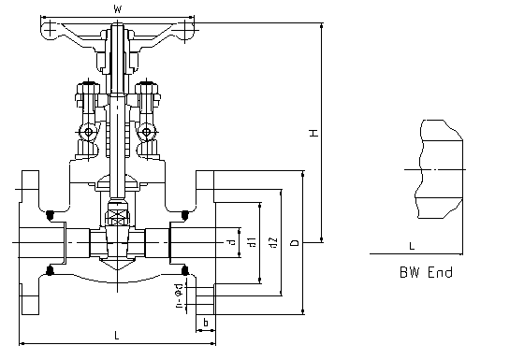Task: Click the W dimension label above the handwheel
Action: click(117, 9)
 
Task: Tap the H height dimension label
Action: click(313, 133)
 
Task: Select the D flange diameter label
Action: click(295, 242)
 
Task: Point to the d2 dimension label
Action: click(273, 243)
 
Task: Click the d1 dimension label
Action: click(252, 242)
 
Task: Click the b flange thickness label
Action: click(206, 323)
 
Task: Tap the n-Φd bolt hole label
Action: click(179, 295)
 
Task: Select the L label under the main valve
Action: click(116, 335)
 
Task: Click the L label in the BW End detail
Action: click(412, 246)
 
